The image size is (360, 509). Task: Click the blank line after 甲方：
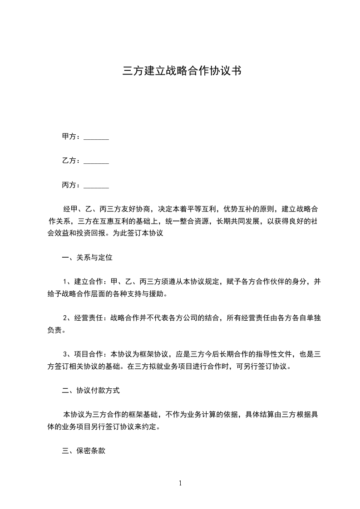(x=96, y=137)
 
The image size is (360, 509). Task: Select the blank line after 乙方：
(x=96, y=161)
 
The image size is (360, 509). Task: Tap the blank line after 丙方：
(x=96, y=186)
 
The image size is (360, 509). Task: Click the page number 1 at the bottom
(x=180, y=483)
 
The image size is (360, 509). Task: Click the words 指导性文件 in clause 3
(x=262, y=354)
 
